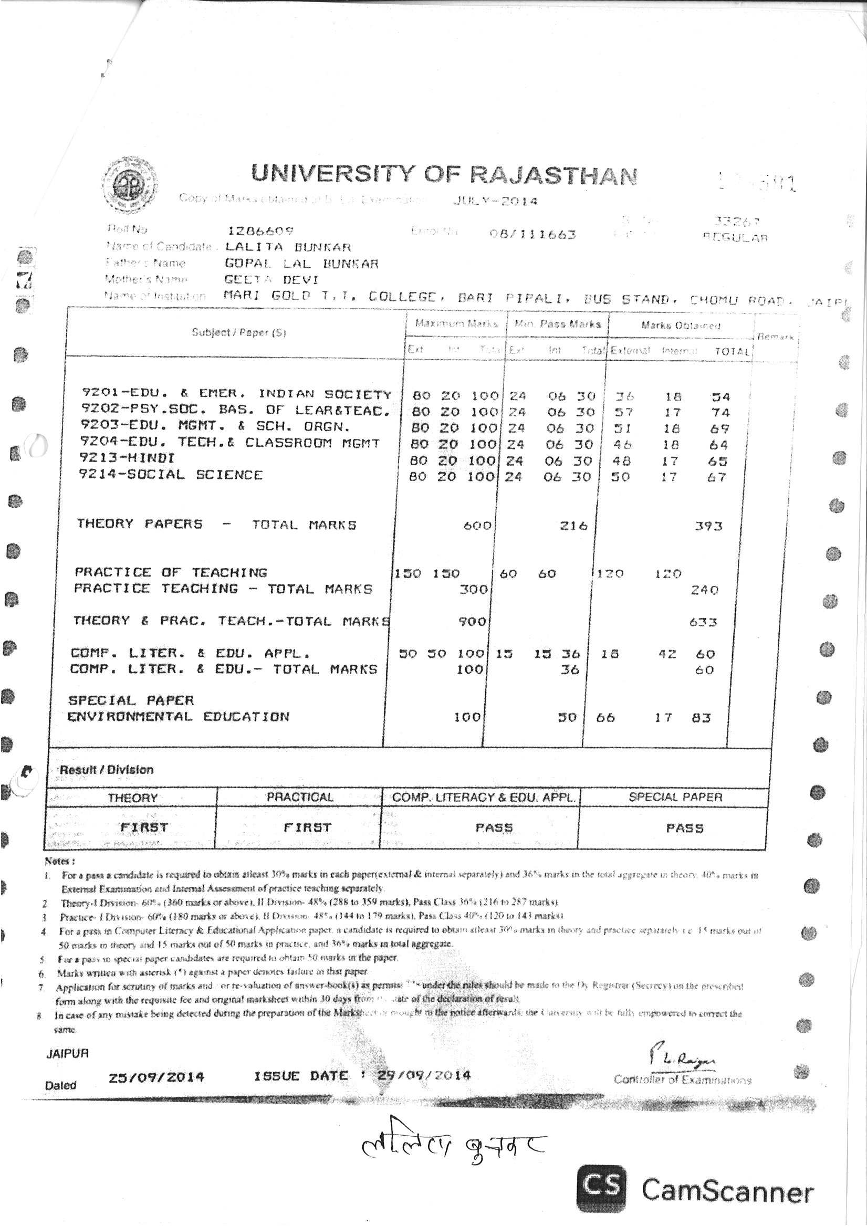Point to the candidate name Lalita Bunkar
point(288,247)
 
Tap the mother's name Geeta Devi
point(272,280)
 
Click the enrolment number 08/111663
point(532,234)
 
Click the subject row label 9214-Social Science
point(171,475)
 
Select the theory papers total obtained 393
point(708,527)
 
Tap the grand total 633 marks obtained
point(703,622)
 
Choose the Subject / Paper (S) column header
point(239,333)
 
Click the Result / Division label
point(106,770)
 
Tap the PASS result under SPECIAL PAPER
point(684,829)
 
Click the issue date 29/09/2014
point(424,1075)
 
